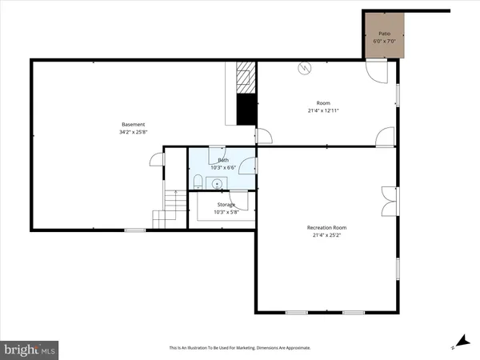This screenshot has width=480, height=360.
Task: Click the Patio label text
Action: [x=386, y=34]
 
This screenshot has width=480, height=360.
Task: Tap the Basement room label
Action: [x=133, y=124]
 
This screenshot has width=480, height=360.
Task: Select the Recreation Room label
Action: [x=326, y=228]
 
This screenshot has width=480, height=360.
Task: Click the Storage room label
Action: [x=226, y=205]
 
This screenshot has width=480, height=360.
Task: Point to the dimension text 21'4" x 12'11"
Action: [x=323, y=110]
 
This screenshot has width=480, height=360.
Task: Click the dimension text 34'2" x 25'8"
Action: [x=133, y=131]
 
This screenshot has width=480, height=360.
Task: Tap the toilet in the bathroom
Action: [x=197, y=185]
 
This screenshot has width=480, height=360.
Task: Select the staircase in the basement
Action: [x=165, y=210]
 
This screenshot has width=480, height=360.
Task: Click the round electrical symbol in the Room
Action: [x=304, y=69]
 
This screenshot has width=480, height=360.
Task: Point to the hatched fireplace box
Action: [x=246, y=78]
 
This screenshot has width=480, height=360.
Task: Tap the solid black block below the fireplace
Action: [x=246, y=109]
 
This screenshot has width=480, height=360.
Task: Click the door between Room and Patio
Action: [x=375, y=70]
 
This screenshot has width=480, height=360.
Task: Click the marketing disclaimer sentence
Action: [x=239, y=348]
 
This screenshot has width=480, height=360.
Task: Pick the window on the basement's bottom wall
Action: [x=134, y=230]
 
